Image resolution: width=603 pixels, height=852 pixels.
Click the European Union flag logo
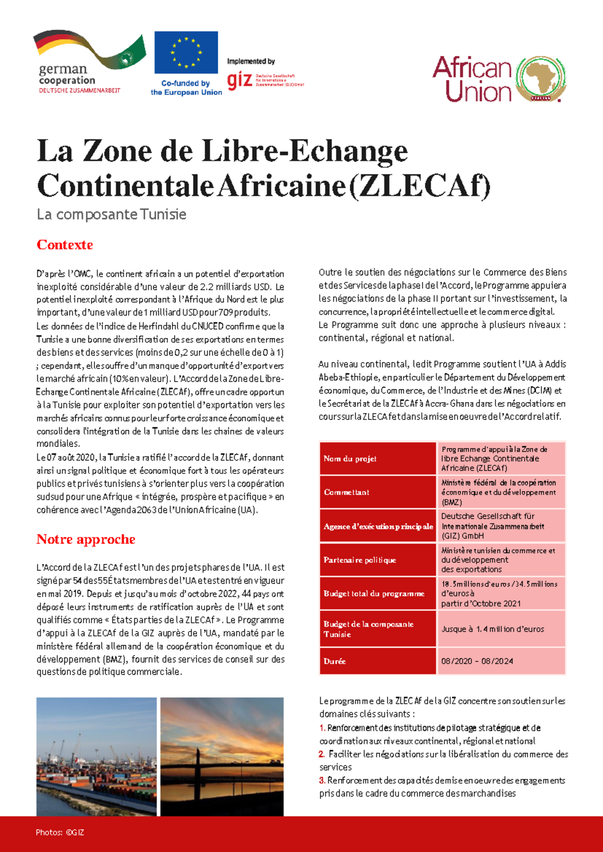(x=186, y=52)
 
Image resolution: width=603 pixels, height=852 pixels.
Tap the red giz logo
(x=239, y=80)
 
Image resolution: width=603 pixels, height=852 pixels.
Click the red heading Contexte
(x=65, y=245)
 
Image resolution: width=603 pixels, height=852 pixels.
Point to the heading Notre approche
(x=86, y=539)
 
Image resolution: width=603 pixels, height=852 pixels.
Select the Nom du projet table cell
(x=377, y=458)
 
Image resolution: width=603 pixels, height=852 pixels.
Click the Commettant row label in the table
(x=377, y=492)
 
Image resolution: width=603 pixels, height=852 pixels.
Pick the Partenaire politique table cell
(x=377, y=560)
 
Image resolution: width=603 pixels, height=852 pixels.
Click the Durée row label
(x=377, y=661)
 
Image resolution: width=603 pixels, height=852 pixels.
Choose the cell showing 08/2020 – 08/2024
(x=501, y=661)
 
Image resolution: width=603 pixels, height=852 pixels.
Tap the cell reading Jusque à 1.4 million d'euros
(x=501, y=629)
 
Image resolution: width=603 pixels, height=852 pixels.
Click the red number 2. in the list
(x=322, y=754)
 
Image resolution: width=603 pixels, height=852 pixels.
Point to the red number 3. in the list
(x=322, y=780)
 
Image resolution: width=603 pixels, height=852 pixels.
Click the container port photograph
(x=96, y=757)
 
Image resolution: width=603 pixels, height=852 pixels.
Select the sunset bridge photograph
(x=222, y=757)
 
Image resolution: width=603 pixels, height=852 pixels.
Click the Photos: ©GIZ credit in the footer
(x=60, y=832)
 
